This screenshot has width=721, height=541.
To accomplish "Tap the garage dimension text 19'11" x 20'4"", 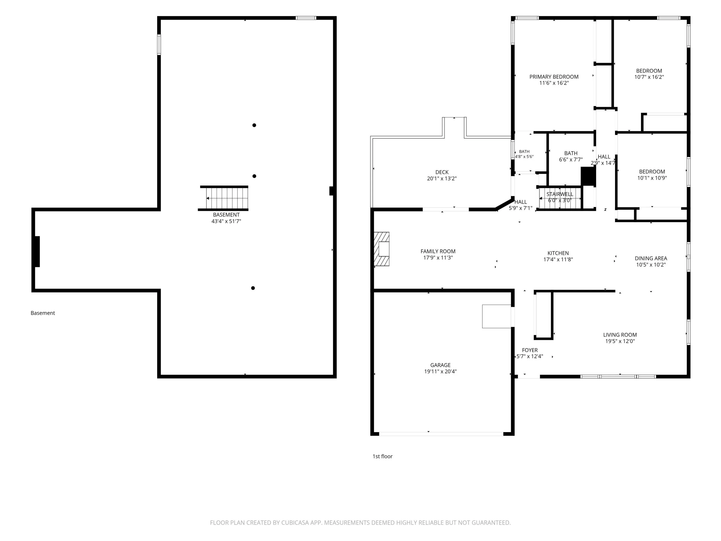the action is tap(440, 371).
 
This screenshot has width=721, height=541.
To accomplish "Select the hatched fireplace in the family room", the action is tap(381, 249).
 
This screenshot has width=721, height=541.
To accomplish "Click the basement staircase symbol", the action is tap(223, 198).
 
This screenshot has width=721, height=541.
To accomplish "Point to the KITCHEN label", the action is tap(558, 253).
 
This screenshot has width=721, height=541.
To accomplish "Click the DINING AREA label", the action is tap(651, 258).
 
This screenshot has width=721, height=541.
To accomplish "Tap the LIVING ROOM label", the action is tap(620, 335).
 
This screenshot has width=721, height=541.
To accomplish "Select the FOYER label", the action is tap(530, 350).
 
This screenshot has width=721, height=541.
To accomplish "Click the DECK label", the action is tap(442, 172).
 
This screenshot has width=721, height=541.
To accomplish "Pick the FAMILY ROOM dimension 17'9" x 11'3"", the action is tap(438, 258).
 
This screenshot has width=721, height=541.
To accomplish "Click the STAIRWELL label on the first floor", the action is tap(560, 194).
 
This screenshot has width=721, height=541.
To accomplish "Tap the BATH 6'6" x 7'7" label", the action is tap(571, 156).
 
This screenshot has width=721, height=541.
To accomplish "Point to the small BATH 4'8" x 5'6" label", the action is tap(524, 154).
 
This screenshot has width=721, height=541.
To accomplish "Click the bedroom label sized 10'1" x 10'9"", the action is tap(652, 175).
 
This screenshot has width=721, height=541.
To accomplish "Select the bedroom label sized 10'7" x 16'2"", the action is tap(649, 74).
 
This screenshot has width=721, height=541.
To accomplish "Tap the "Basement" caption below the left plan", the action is tap(43, 313).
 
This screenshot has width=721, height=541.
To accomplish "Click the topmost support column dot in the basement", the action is tap(254, 125).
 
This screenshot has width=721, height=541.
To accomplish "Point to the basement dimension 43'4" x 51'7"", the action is tap(226, 221).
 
